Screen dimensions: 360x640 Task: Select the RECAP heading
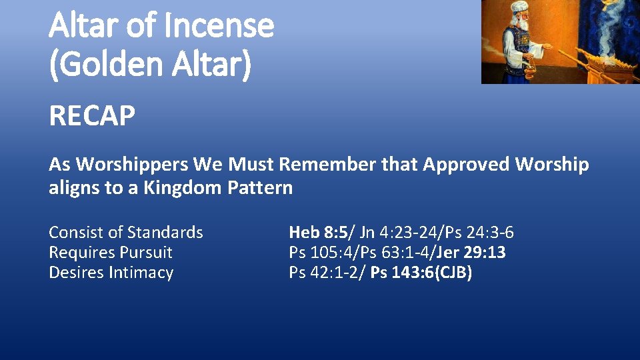click(92, 117)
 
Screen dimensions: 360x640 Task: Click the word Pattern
click(260, 187)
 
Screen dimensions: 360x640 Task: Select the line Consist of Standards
click(125, 233)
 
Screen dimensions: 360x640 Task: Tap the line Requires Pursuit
click(110, 253)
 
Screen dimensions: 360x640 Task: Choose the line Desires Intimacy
click(111, 273)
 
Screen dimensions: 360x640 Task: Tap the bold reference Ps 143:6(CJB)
click(421, 273)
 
